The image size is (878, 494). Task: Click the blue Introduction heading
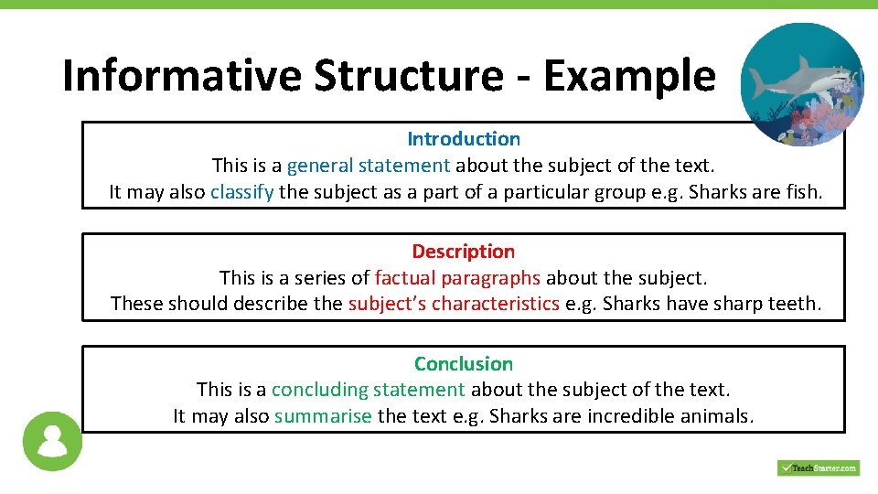[464, 139]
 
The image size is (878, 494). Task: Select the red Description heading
[463, 252]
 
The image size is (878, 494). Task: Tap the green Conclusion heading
[464, 364]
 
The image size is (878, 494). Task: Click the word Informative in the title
[181, 75]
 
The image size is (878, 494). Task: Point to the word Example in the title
[629, 75]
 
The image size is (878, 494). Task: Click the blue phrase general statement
[369, 166]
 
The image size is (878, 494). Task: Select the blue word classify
[241, 192]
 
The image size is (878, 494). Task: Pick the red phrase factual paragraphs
[457, 277]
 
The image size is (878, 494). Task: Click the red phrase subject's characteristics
[454, 304]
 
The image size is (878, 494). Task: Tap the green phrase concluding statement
[368, 390]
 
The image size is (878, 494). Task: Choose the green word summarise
[323, 416]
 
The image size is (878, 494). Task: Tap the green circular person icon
[52, 441]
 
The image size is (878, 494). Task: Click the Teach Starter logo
[818, 467]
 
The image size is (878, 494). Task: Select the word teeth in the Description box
[795, 304]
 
